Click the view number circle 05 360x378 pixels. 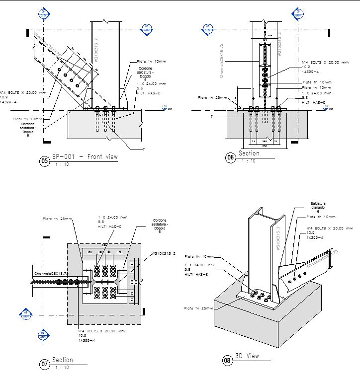(45, 161)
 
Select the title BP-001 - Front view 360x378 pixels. (85, 156)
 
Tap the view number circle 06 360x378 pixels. (230, 157)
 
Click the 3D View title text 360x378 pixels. (247, 356)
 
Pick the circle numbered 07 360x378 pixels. (45, 365)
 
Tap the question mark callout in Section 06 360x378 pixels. (211, 116)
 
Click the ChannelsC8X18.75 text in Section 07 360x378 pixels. (51, 273)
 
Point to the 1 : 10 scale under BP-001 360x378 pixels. (63, 164)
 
